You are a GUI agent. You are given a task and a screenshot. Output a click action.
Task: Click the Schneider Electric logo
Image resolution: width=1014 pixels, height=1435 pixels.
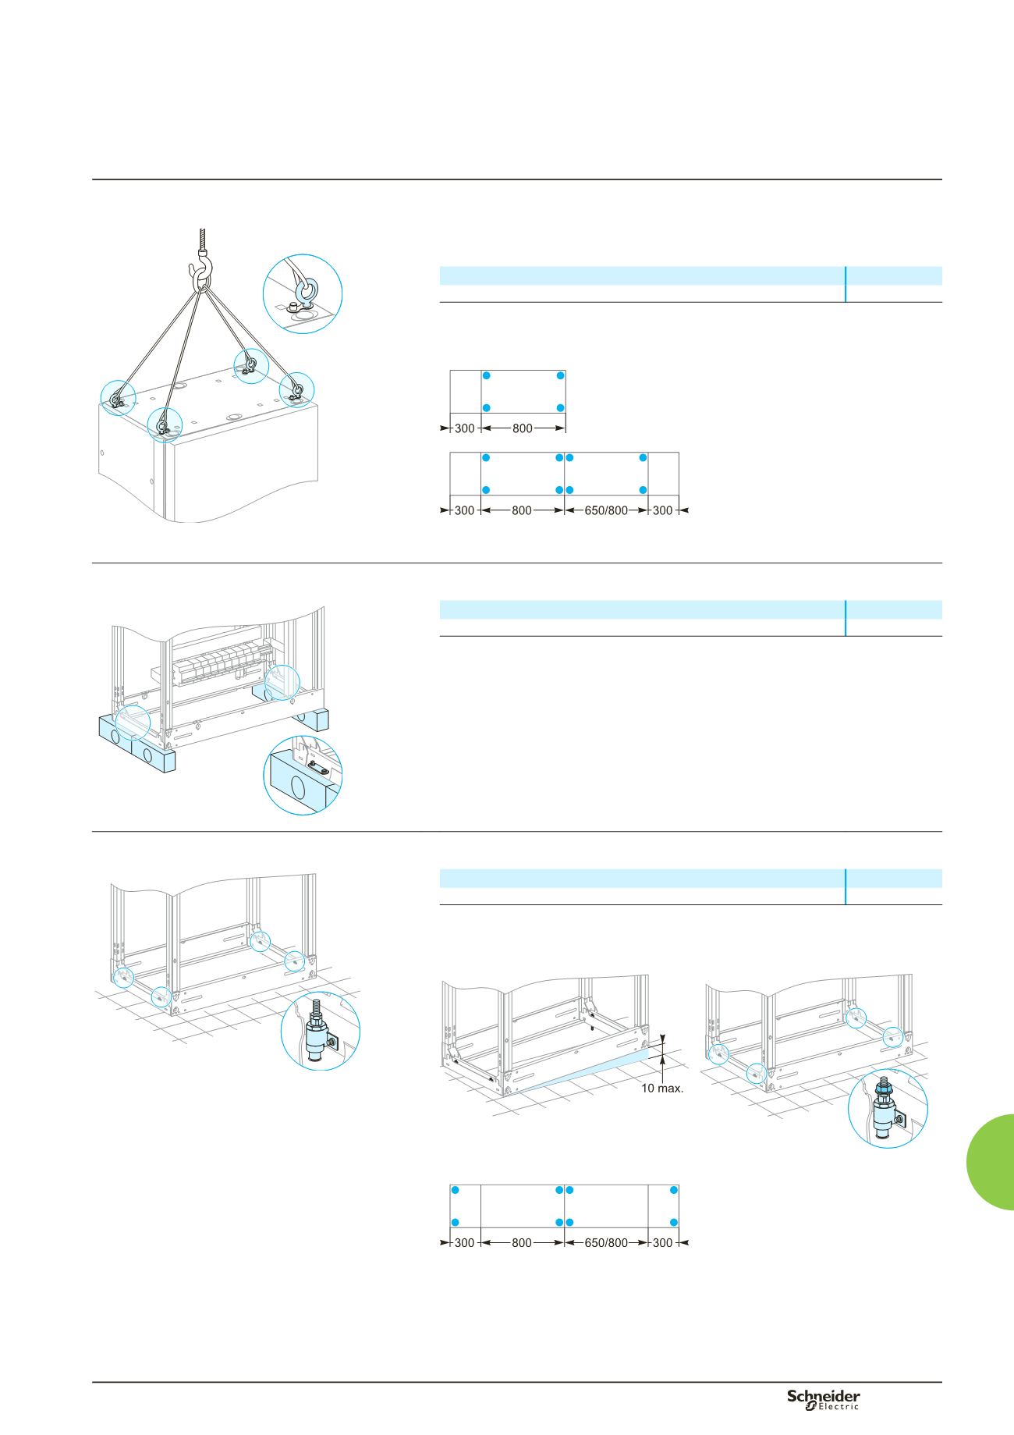pyautogui.click(x=823, y=1399)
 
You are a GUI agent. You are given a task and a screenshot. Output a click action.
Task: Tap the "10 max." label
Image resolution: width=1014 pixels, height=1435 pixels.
pyautogui.click(x=662, y=1088)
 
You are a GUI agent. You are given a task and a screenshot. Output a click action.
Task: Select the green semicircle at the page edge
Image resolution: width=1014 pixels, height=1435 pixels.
pyautogui.click(x=991, y=1162)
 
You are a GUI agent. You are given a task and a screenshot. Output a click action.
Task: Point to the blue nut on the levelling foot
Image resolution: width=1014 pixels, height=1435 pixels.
pyautogui.click(x=884, y=1085)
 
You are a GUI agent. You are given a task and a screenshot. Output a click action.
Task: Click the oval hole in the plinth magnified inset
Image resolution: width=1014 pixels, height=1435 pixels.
pyautogui.click(x=298, y=787)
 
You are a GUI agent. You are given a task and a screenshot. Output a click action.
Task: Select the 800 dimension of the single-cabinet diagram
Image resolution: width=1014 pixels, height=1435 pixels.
pyautogui.click(x=522, y=428)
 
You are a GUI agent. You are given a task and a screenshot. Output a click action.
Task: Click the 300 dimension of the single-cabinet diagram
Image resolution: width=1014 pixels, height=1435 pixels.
pyautogui.click(x=464, y=428)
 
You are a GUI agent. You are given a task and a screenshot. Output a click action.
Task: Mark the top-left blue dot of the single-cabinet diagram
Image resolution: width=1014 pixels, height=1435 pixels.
pyautogui.click(x=486, y=375)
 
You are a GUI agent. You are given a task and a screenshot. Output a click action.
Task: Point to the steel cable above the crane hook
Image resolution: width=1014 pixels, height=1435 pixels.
pyautogui.click(x=202, y=237)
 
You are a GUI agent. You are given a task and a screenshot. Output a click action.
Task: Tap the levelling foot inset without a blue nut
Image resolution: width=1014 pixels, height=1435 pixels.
pyautogui.click(x=320, y=1030)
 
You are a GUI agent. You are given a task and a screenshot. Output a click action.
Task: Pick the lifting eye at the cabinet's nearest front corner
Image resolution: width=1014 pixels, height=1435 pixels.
pyautogui.click(x=162, y=424)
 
